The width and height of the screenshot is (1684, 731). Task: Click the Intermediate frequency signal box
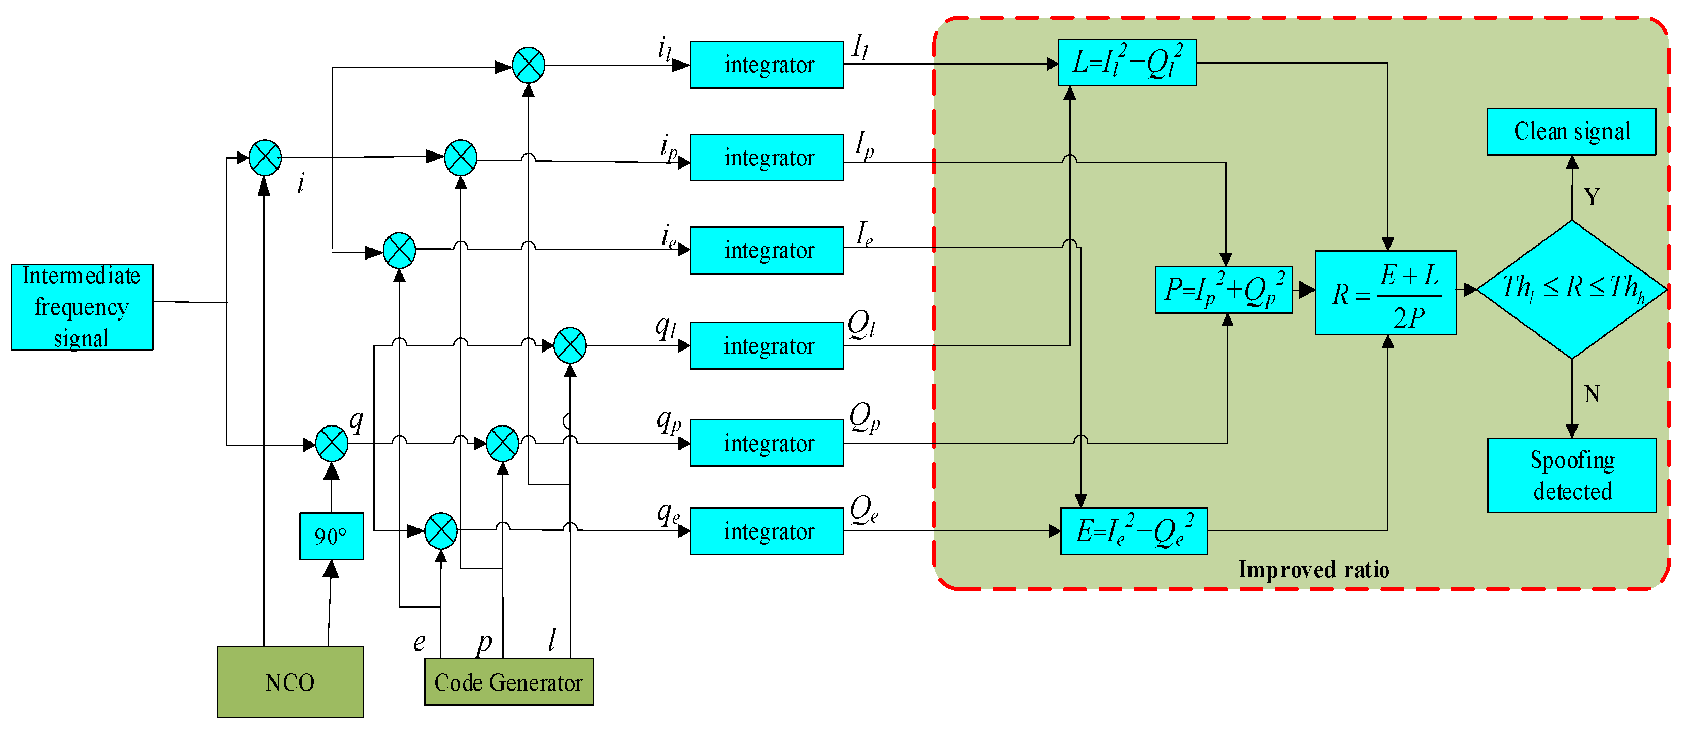point(82,307)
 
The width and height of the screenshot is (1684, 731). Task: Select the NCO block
point(289,682)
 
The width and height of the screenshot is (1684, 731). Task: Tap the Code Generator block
point(508,682)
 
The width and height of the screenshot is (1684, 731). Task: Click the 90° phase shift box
point(331,536)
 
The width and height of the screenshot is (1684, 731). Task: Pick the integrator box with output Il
point(767,65)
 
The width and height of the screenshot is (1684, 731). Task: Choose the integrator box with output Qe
point(767,531)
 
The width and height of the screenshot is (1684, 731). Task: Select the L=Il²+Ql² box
point(1127,63)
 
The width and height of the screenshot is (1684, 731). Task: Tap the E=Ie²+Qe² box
point(1134,531)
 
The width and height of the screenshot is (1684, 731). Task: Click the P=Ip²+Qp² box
point(1223,290)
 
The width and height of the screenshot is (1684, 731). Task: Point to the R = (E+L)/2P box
point(1385,293)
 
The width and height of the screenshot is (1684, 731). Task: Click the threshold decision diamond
point(1571,289)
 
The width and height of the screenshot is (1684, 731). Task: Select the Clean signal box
point(1571,131)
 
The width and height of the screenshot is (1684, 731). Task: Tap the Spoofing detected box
point(1571,475)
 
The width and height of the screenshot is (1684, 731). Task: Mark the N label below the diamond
point(1592,394)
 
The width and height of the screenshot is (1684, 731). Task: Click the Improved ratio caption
point(1314,570)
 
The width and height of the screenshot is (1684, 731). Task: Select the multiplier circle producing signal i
point(265,158)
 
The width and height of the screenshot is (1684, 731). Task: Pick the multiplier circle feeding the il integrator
point(528,65)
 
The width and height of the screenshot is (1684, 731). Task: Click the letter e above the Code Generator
point(419,643)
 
